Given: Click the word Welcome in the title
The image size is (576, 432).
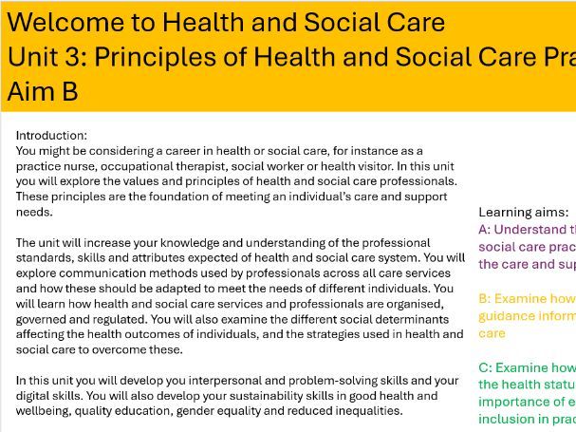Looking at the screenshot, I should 54,22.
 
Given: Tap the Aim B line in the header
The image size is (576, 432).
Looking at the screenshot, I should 43,92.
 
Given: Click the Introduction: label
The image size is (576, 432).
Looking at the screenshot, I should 51,136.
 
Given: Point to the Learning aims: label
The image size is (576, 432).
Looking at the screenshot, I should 524,213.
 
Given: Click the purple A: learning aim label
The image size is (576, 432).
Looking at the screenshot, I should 484,229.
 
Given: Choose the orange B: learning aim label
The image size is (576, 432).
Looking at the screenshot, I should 484,298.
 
